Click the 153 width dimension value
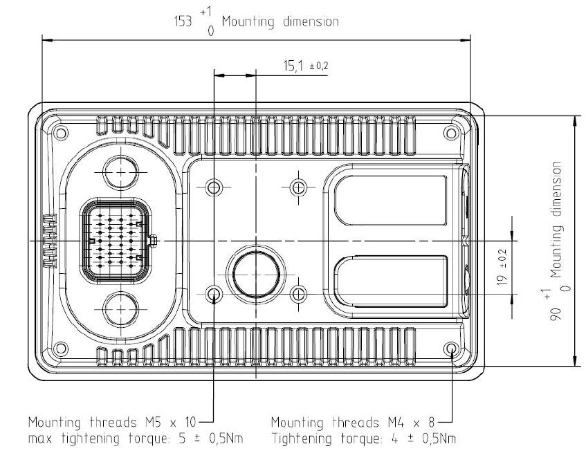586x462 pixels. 183,21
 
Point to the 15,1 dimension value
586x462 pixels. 293,66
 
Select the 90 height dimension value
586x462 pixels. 556,314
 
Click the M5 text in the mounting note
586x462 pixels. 153,423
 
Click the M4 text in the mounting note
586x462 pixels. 396,423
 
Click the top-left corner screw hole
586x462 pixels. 61,133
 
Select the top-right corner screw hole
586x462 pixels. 451,133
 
